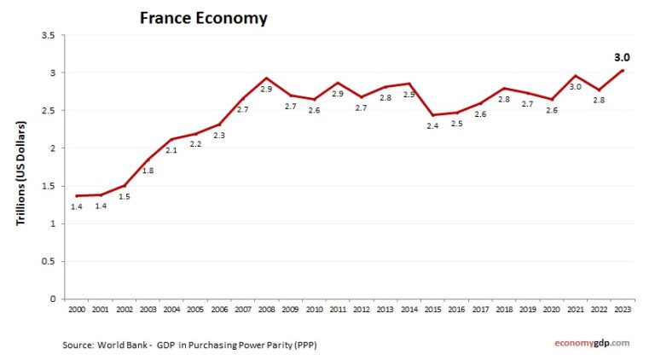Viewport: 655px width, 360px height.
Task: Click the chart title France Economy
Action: pyautogui.click(x=203, y=17)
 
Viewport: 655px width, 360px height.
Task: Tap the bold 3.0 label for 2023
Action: pyautogui.click(x=622, y=57)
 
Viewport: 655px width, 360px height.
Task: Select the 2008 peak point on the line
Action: pyautogui.click(x=266, y=78)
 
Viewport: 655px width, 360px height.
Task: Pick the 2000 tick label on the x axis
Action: pyautogui.click(x=76, y=308)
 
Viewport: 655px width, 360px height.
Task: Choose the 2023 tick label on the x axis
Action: pyautogui.click(x=623, y=308)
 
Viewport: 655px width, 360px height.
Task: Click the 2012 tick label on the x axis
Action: pyautogui.click(x=362, y=308)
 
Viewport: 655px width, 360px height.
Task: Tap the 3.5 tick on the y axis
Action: pyautogui.click(x=48, y=35)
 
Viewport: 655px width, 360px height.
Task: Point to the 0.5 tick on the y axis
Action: pyautogui.click(x=48, y=261)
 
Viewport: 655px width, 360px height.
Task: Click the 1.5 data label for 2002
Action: pyautogui.click(x=124, y=196)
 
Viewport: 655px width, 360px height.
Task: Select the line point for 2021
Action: pyautogui.click(x=576, y=76)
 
